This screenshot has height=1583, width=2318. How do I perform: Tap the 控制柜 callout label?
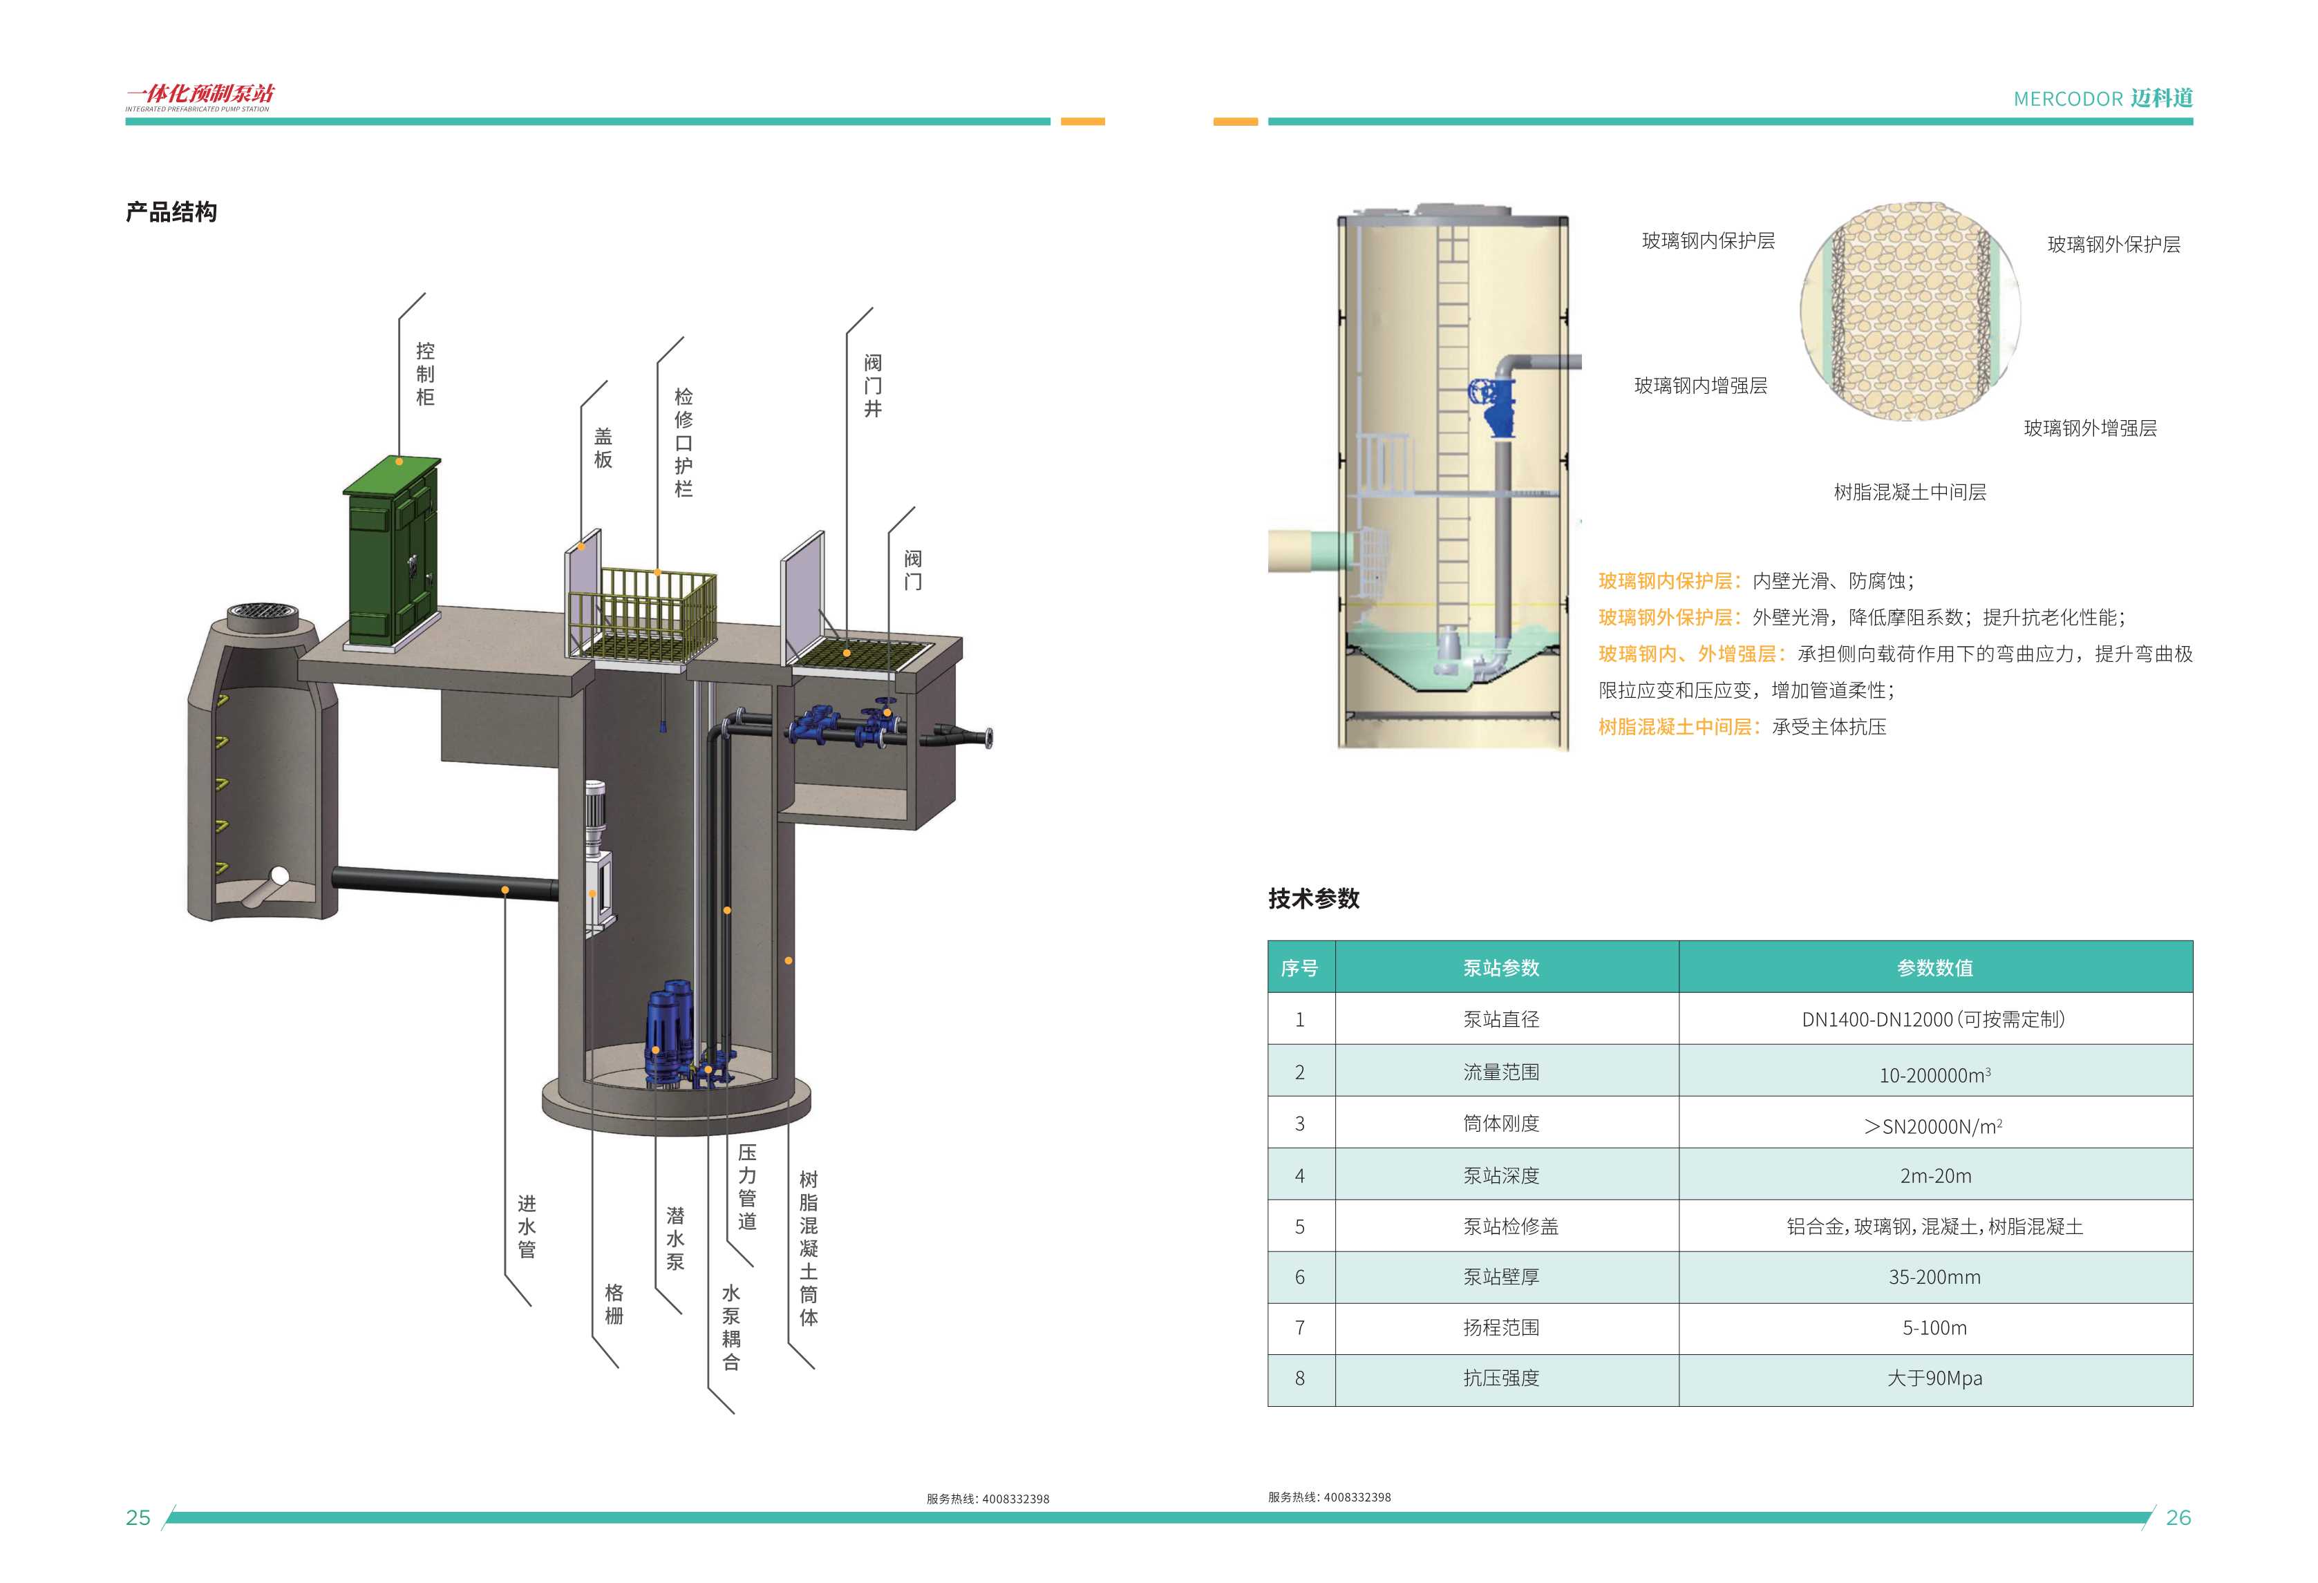click(425, 374)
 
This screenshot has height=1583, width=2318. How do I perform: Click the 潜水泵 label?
click(675, 1238)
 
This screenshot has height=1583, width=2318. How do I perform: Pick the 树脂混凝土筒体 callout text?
click(809, 1248)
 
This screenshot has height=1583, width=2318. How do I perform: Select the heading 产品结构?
click(171, 211)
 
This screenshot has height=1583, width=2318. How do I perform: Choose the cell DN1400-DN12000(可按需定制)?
click(1933, 1019)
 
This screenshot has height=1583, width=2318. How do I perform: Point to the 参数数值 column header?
click(1934, 967)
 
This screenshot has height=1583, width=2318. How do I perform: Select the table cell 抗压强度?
click(1501, 1378)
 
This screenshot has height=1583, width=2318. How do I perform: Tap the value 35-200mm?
click(1934, 1277)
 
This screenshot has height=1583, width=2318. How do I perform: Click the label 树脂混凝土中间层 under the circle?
click(1909, 492)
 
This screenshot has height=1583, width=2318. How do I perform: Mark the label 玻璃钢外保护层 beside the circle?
click(2113, 245)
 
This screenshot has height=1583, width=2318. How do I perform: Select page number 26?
click(2178, 1517)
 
